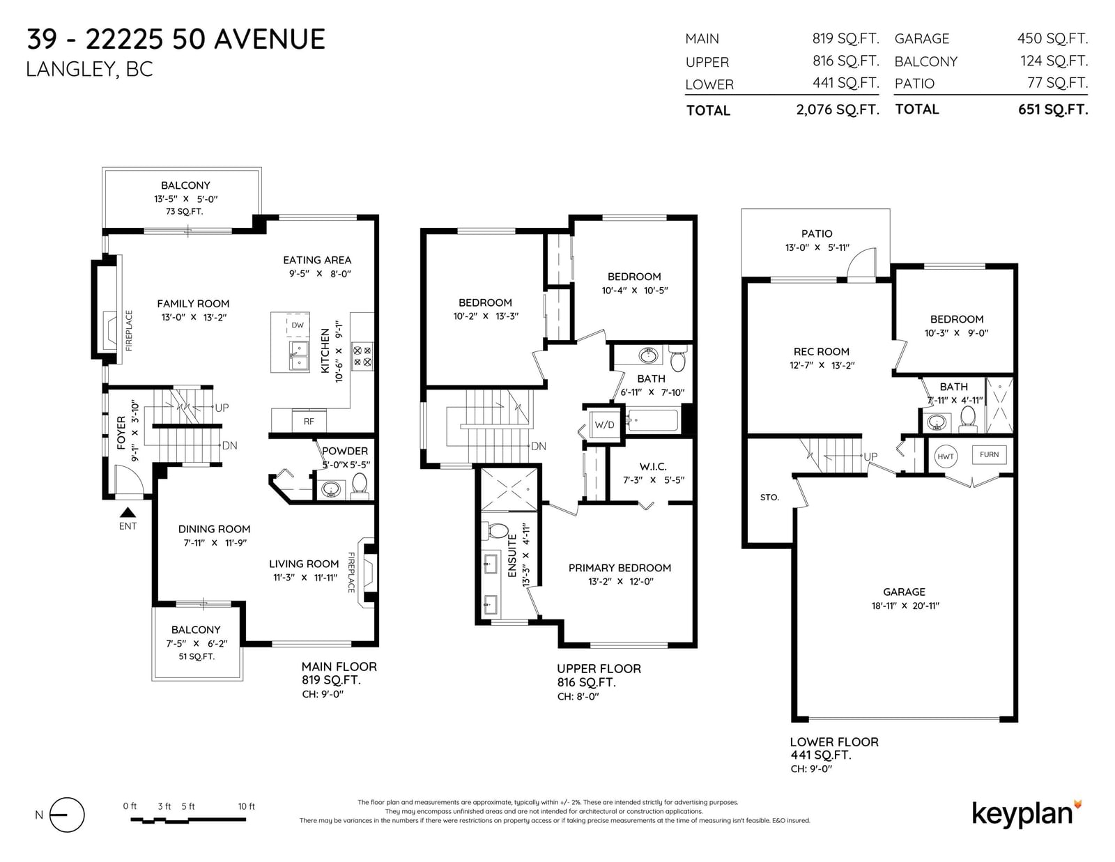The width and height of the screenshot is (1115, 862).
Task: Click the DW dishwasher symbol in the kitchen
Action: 298,325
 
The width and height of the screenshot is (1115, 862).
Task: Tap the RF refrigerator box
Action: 309,422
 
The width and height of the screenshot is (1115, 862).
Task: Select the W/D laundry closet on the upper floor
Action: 604,424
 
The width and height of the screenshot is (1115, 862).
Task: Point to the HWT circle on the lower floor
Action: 945,456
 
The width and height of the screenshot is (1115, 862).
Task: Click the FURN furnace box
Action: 989,454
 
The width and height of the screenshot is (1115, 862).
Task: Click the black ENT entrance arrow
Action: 128,512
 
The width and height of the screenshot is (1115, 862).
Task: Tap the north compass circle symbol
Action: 67,815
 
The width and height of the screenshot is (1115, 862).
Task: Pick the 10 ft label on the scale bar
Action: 246,806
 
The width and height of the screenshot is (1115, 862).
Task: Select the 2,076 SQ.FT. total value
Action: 838,109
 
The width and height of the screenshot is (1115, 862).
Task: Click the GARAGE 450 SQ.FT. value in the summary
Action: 1052,38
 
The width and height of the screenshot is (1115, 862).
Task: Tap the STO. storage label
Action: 769,497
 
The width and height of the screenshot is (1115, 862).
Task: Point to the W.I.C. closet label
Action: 653,466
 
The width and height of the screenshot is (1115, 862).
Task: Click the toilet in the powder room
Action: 359,486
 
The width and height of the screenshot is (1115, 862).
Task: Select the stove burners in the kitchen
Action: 362,356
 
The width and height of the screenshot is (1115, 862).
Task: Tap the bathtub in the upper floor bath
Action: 653,420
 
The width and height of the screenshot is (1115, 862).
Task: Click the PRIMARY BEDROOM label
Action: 620,568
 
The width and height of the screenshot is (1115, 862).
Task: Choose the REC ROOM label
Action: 821,351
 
